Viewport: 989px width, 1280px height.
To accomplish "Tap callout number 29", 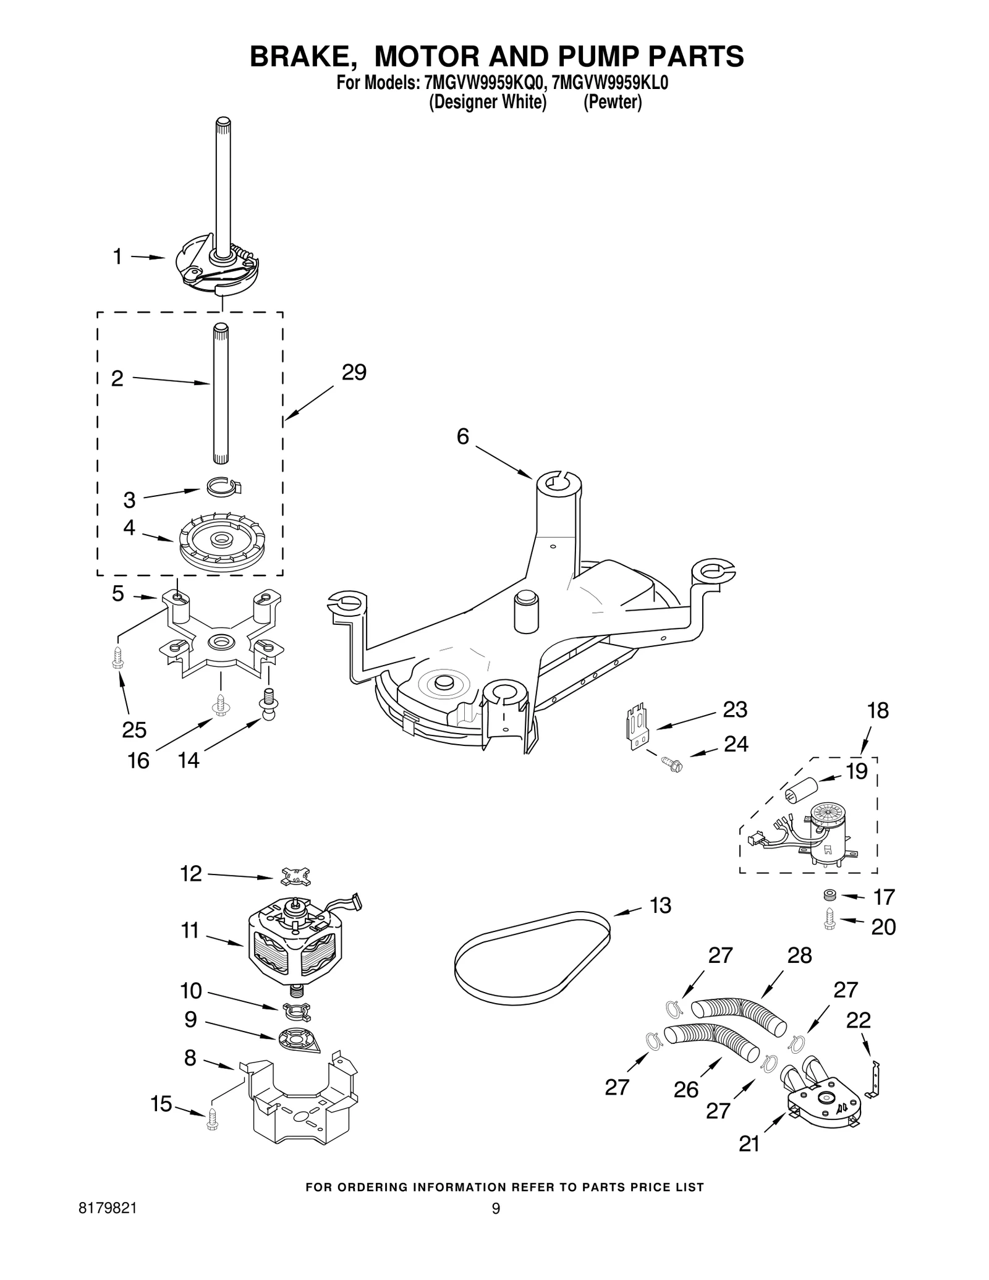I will [354, 372].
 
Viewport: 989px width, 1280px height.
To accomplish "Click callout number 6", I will [463, 436].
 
